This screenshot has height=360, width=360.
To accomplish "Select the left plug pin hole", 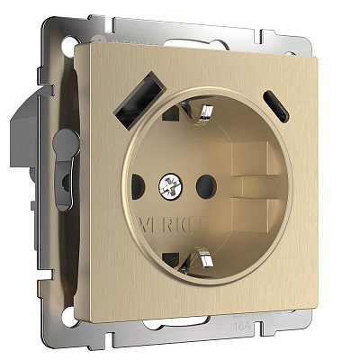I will pyautogui.click(x=138, y=188).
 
